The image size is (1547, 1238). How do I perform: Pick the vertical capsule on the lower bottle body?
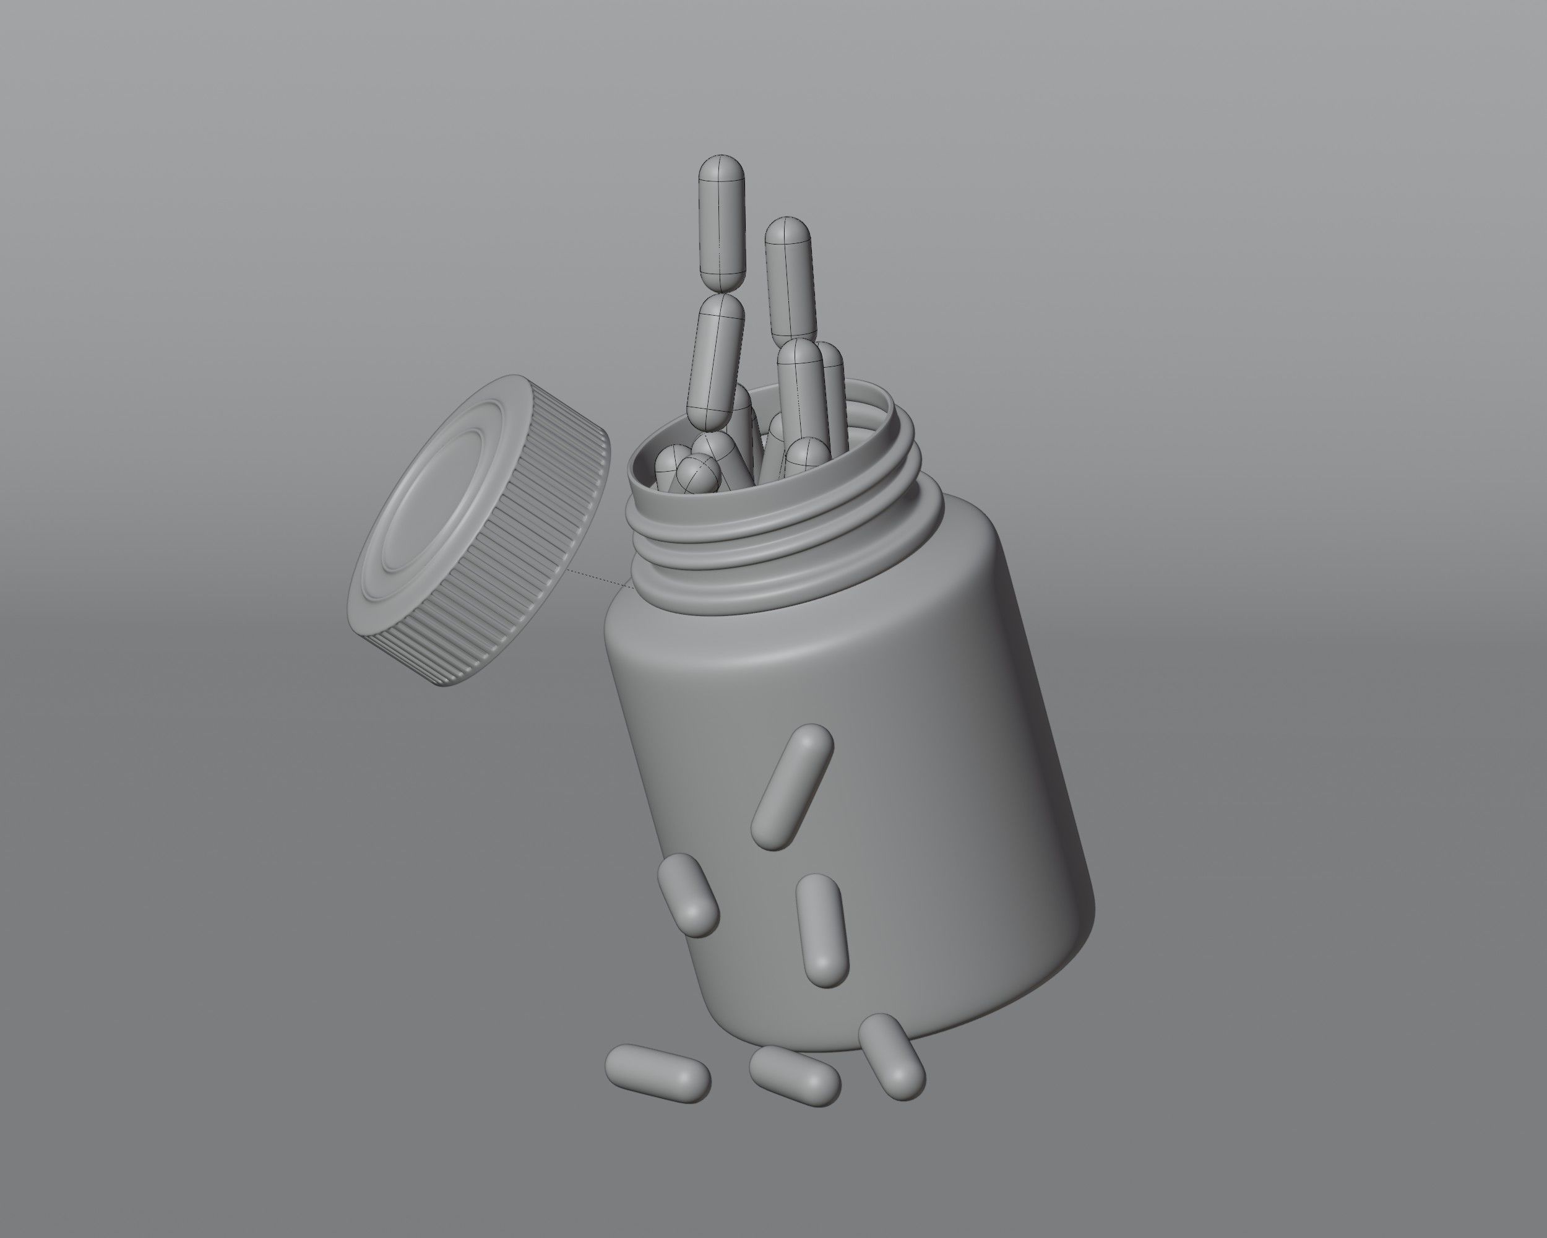pyautogui.click(x=822, y=928)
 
